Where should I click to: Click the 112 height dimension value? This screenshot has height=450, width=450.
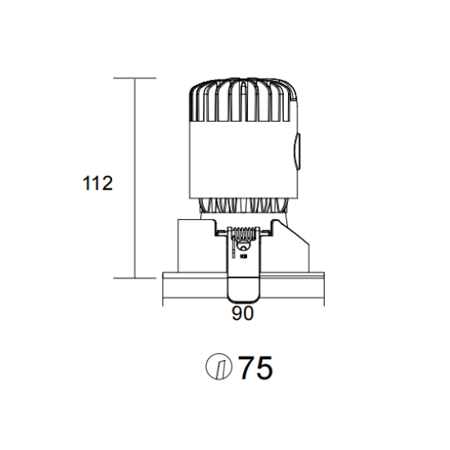pos(97,183)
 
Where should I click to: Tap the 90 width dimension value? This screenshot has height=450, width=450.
pos(243,313)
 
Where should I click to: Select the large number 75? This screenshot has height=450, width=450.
pos(256,367)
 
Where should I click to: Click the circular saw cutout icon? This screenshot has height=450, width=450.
pos(218,367)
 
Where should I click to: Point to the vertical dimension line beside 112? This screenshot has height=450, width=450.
pos(135,178)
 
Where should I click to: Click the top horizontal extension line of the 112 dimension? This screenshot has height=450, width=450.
pos(135,78)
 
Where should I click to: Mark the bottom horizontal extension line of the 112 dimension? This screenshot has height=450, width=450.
pos(135,278)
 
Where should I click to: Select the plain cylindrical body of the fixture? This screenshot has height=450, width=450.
pos(243,160)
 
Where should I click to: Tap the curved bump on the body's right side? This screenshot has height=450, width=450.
pos(297,151)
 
